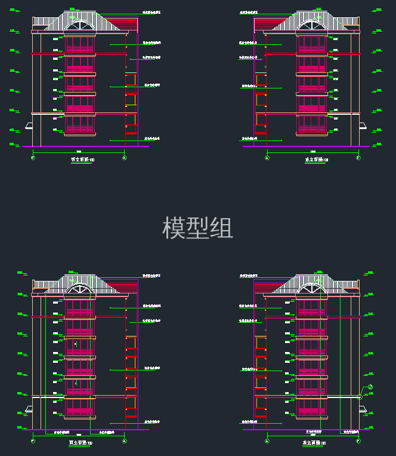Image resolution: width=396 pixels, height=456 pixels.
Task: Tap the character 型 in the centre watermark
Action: tap(197, 228)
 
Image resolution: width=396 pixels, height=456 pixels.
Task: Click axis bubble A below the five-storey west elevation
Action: tap(124, 158)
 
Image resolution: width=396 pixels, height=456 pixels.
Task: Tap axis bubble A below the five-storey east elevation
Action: tap(267, 158)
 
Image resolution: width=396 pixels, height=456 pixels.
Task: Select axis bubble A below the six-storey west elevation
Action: tap(124, 441)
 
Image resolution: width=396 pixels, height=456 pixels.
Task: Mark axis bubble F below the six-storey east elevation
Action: tap(358, 441)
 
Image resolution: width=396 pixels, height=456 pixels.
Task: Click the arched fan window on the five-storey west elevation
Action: tap(80, 26)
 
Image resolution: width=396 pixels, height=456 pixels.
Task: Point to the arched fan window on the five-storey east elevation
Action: tap(312, 26)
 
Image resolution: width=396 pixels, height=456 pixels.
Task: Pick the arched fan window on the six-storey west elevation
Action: tap(80, 289)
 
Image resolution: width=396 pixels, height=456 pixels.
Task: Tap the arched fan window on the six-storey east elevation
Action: tap(312, 289)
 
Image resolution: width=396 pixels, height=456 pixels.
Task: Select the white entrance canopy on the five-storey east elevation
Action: tap(362, 126)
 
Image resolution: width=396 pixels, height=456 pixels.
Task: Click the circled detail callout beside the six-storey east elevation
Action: tap(370, 387)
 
